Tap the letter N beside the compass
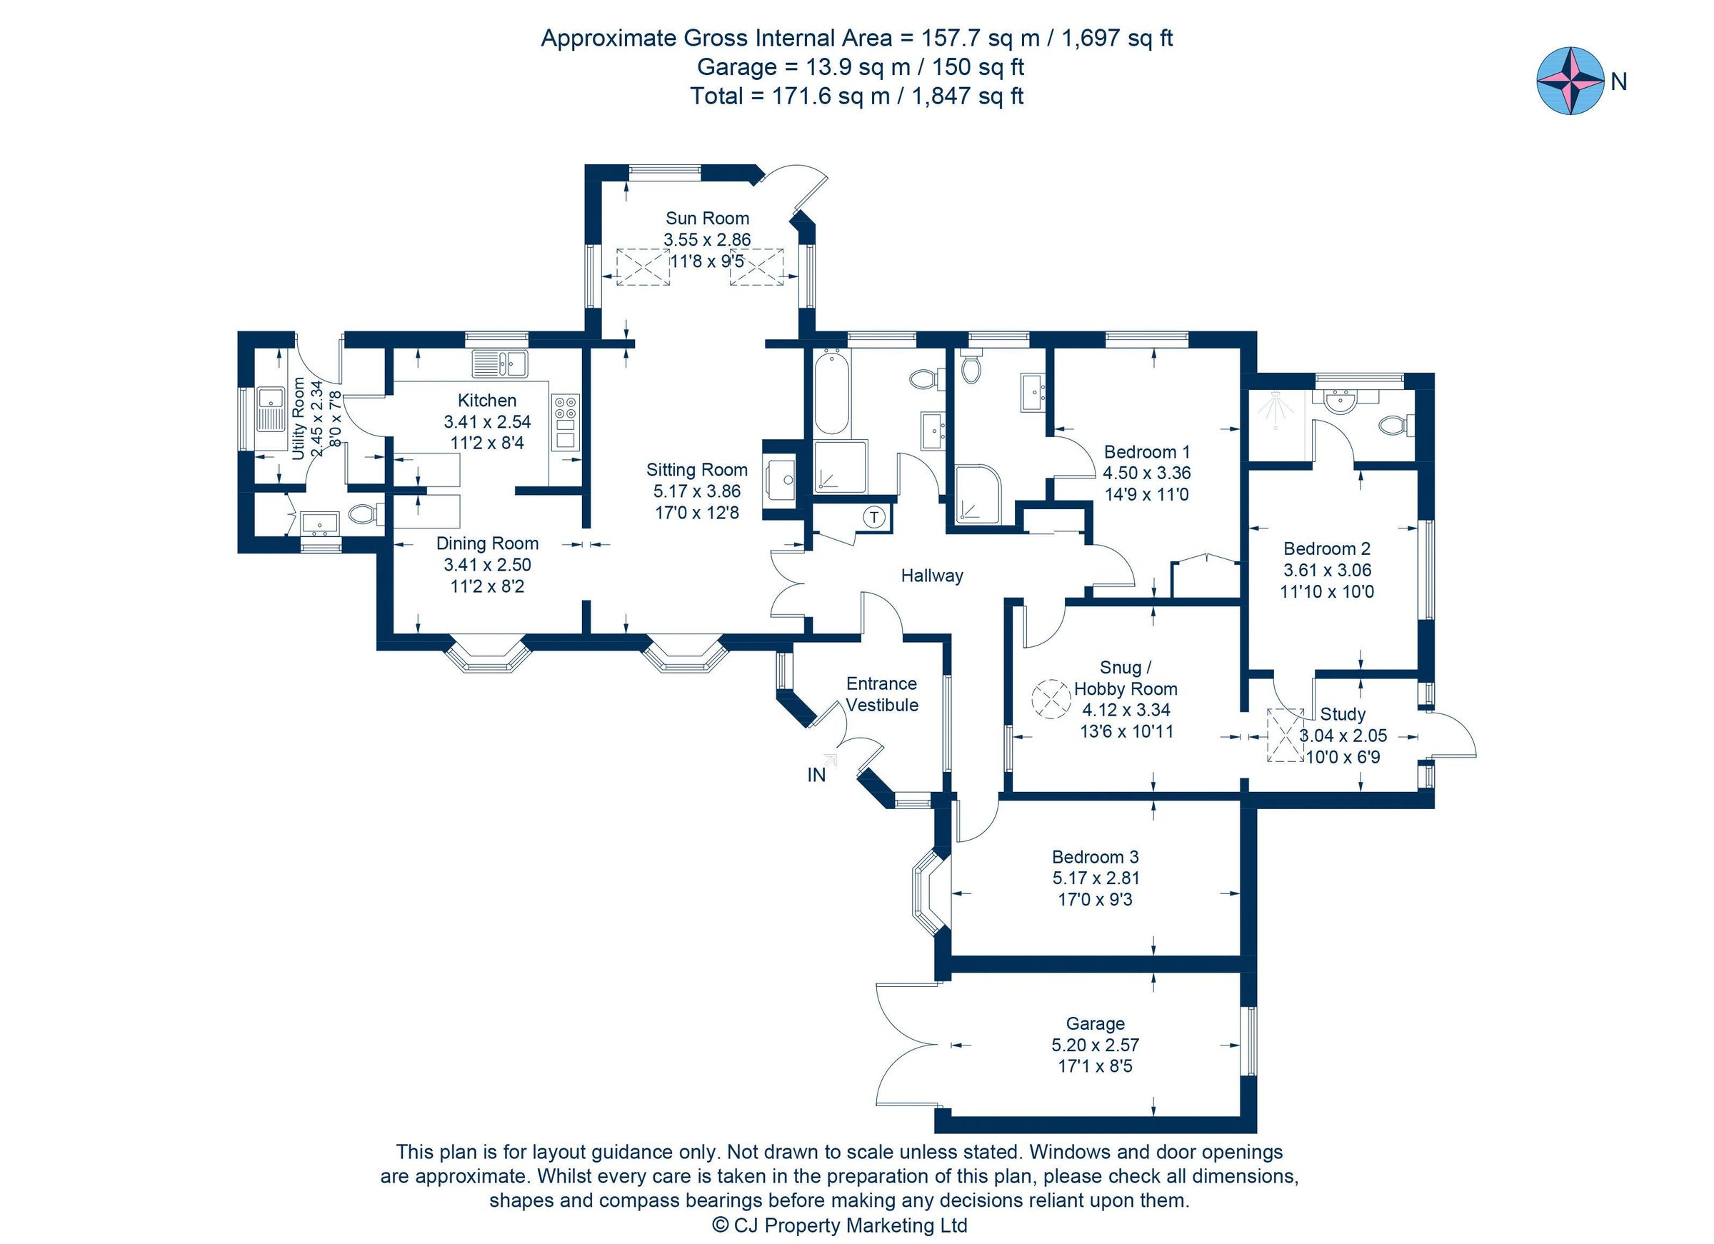tap(1618, 82)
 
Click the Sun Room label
tap(706, 219)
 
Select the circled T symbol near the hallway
tap(873, 518)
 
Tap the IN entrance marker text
tap(816, 775)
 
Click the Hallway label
tap(931, 576)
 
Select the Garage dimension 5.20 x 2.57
tap(1094, 1045)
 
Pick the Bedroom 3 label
tap(1094, 856)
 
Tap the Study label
tap(1342, 714)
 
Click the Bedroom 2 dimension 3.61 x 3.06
tap(1326, 571)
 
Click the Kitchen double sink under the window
tap(498, 363)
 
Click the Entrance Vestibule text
tap(881, 694)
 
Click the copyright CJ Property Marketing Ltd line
tap(840, 1225)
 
